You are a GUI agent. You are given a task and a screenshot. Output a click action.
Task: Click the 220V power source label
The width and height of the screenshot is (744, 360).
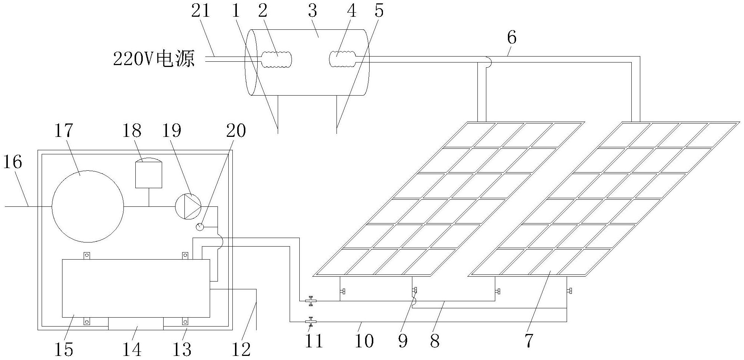154,59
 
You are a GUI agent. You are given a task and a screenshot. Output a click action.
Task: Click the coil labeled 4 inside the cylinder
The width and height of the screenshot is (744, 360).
343,59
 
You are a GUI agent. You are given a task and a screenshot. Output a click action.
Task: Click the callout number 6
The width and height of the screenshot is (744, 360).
512,38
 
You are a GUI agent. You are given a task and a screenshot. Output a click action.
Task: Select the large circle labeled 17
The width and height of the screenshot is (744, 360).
88,206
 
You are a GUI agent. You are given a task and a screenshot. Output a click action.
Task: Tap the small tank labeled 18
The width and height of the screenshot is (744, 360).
149,173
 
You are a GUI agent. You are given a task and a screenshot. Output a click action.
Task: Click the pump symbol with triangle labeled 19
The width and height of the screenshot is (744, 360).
188,206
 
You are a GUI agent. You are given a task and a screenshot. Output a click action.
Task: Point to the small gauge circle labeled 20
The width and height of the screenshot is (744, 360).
200,226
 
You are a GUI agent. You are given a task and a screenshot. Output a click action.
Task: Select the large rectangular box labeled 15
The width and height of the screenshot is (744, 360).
136,288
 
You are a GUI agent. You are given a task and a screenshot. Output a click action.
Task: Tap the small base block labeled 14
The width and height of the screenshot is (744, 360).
136,324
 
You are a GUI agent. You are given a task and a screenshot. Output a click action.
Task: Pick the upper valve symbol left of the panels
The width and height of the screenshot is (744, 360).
310,300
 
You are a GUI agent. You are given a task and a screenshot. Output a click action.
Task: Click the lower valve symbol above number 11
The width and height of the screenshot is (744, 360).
310,321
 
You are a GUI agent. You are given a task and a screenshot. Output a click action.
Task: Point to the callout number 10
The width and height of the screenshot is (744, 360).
364,341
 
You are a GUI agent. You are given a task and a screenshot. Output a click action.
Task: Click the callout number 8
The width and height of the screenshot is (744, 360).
435,340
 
